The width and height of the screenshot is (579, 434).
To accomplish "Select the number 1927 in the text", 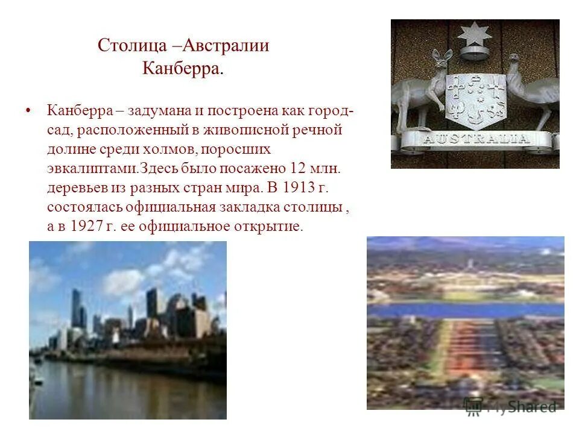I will tap(89, 226).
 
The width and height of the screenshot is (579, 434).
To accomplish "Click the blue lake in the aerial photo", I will tap(464, 309).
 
